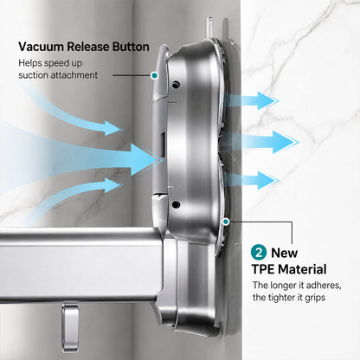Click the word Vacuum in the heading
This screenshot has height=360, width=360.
[x=42, y=47]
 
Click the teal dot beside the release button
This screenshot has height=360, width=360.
[x=154, y=75]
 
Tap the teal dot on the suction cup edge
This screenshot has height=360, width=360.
[x=226, y=222]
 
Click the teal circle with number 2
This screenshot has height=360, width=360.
[x=259, y=253]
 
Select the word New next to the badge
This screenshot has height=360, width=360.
[x=284, y=253]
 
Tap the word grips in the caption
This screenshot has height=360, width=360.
[x=315, y=298]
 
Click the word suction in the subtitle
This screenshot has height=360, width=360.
[x=33, y=75]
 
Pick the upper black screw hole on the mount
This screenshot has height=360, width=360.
[x=176, y=85]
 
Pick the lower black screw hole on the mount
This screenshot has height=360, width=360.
[x=176, y=204]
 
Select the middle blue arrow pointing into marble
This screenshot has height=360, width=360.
[x=260, y=142]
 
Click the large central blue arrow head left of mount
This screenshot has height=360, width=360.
[x=145, y=159]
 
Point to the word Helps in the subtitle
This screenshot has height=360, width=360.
[x=30, y=63]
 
